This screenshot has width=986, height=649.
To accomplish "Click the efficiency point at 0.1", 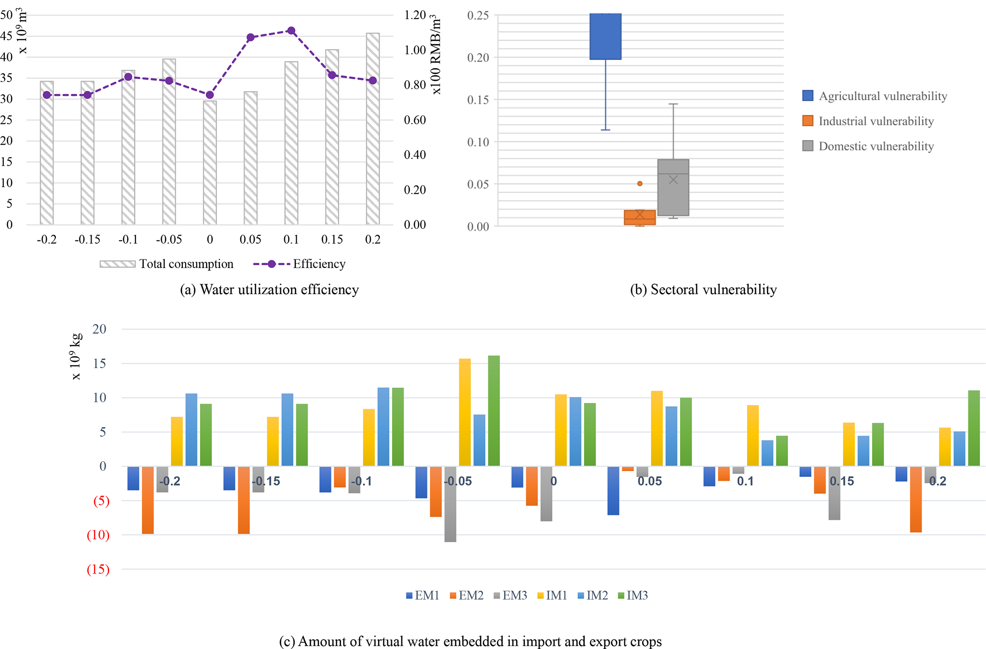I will coord(291,31).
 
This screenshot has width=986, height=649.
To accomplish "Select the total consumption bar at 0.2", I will coord(373,129).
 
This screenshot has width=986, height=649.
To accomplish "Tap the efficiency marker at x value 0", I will coord(210,95).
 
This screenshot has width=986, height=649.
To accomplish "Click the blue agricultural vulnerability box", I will coord(605,36).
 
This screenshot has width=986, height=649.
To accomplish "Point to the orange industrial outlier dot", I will coord(640,184).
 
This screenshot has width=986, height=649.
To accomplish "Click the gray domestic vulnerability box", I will coord(673,187).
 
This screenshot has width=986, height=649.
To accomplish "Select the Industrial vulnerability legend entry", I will coord(876,121).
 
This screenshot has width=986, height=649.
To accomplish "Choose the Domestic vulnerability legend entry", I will coord(876,146).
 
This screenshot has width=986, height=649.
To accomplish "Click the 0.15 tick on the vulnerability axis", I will coord(478,100).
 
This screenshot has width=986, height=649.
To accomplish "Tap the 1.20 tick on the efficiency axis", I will coord(415,15).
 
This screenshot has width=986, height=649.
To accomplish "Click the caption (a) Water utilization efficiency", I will coord(269,290).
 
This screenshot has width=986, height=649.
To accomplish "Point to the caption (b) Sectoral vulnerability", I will coord(703,290).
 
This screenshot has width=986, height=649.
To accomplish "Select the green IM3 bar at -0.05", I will coord(494,411).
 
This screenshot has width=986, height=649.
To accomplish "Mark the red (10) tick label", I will coord(98,535).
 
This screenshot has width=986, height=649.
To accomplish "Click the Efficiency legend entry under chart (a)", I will coord(319,264).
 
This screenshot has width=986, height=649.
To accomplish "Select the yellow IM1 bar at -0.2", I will coord(176,441).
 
